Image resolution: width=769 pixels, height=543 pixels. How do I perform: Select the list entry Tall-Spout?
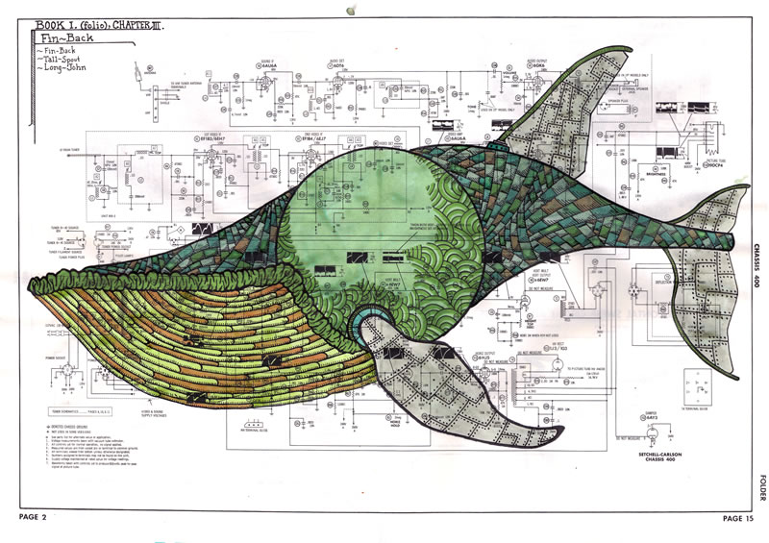pos(60,58)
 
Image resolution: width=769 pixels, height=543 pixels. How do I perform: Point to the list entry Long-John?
pos(60,69)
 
